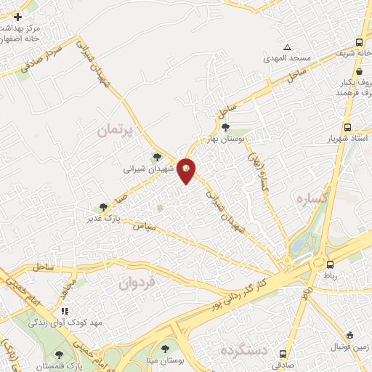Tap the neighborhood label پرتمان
[116, 130]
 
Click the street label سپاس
[143, 227]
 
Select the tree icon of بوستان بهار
[226, 127]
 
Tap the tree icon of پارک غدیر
[103, 207]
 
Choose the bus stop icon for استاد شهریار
[349, 126]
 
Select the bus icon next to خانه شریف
[360, 42]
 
